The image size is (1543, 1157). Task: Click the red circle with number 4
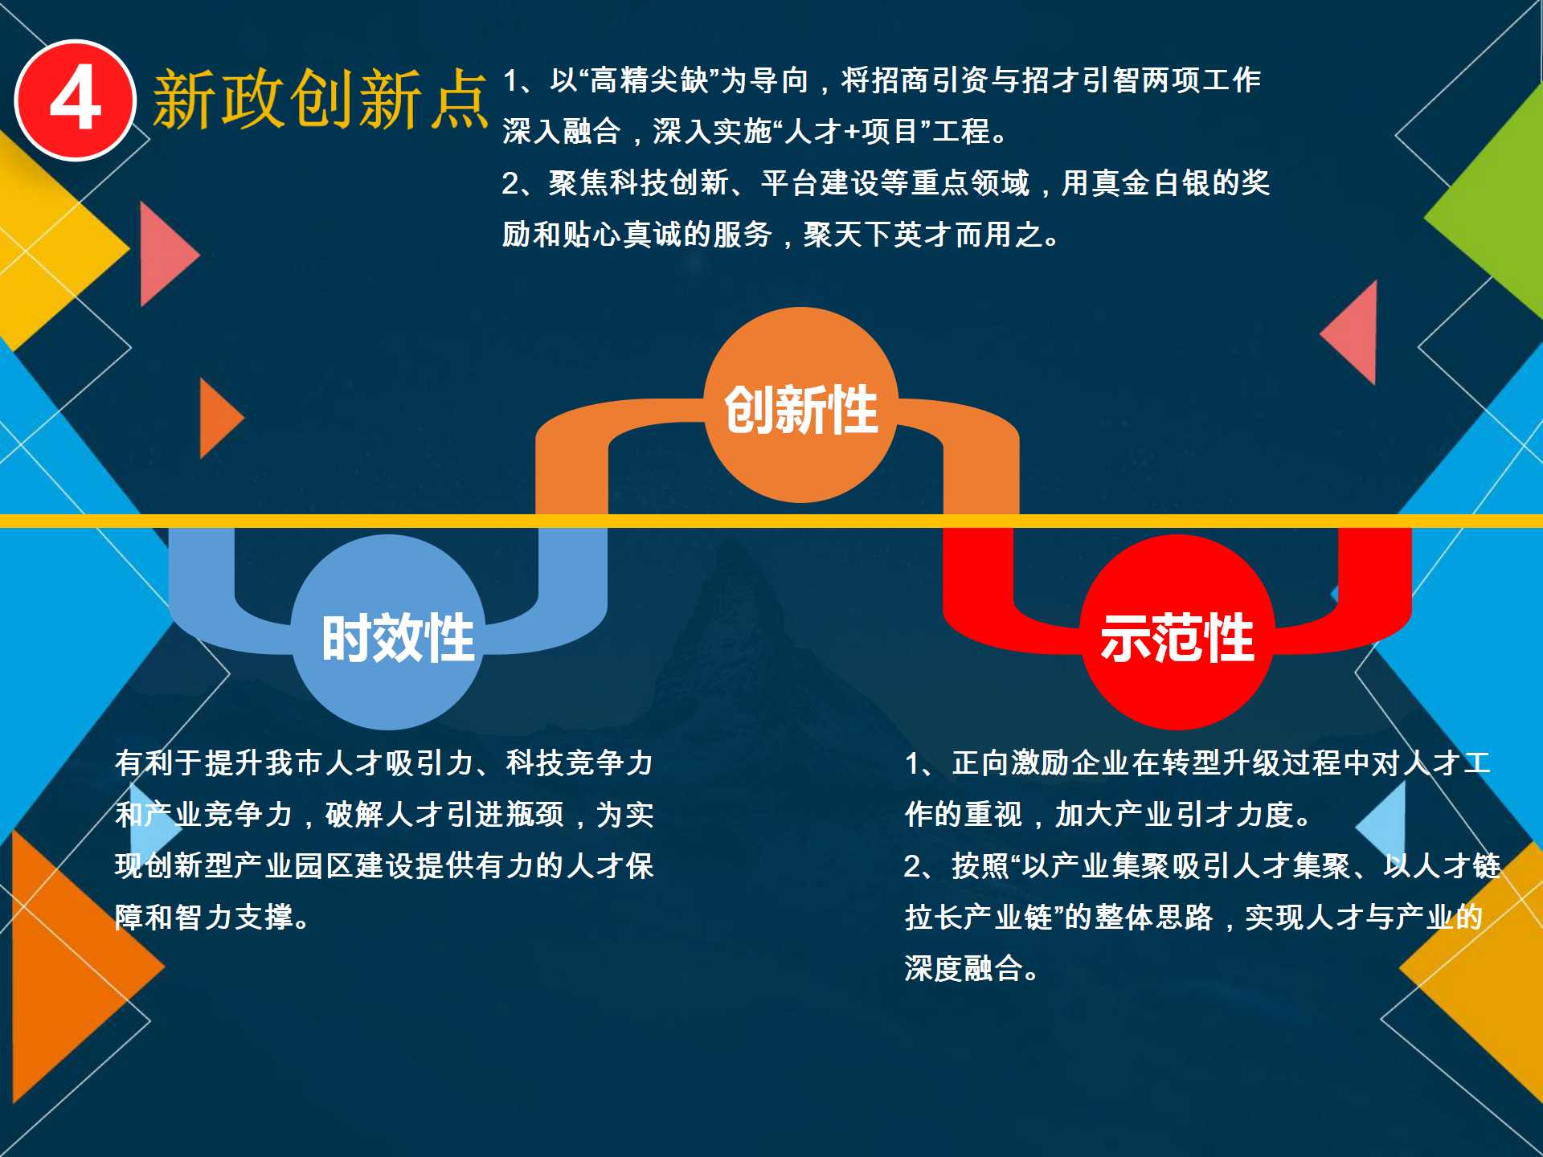click(x=76, y=100)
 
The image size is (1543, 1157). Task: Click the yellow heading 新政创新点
click(x=320, y=100)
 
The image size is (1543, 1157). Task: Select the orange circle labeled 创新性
click(x=801, y=405)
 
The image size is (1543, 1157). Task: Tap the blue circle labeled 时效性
click(x=388, y=632)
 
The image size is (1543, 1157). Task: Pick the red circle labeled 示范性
click(x=1177, y=632)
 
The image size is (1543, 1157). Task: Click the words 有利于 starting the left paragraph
click(x=159, y=763)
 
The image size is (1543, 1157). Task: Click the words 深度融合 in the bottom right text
click(x=964, y=969)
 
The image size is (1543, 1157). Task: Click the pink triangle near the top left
click(x=165, y=254)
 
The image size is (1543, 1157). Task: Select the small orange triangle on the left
click(x=219, y=418)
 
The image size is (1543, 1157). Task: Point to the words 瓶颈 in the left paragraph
click(x=534, y=815)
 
